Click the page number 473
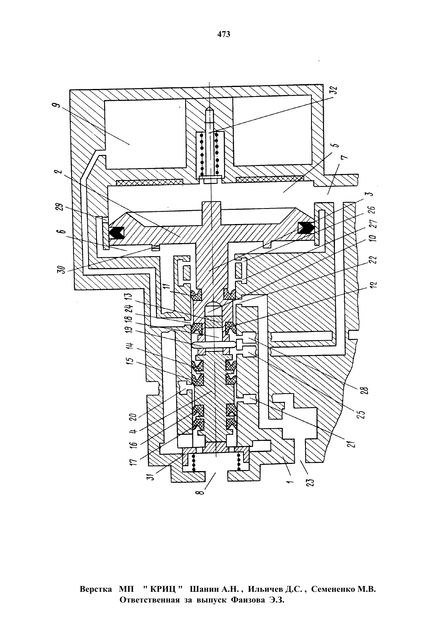click(224, 34)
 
